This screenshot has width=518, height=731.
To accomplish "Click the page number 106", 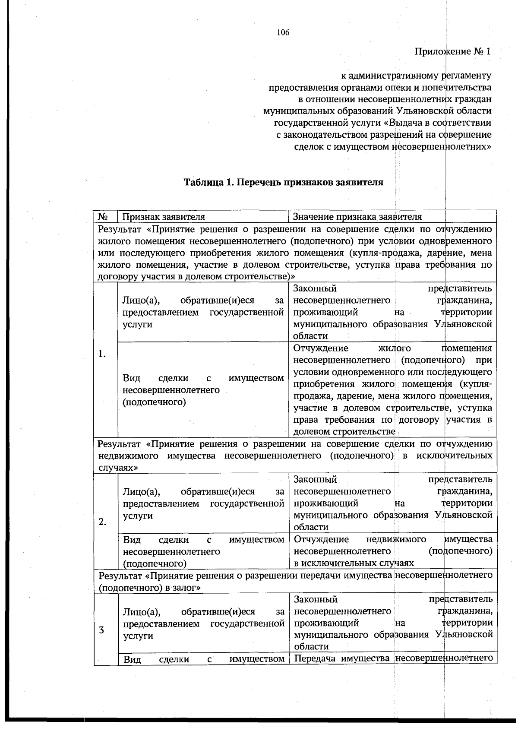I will [x=283, y=32].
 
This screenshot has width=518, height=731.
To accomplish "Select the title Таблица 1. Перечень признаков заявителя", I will [x=284, y=182].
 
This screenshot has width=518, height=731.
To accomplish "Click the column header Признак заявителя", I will [x=164, y=216].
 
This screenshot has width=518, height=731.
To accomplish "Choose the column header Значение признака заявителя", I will [x=357, y=216].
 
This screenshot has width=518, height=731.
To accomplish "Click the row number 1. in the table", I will [x=102, y=354].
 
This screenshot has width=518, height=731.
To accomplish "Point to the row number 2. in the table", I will [x=102, y=522].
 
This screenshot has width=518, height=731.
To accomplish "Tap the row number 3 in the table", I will [x=101, y=630].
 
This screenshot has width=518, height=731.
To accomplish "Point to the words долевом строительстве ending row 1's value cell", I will [x=344, y=431].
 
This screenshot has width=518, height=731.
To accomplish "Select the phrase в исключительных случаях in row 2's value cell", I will [x=354, y=563].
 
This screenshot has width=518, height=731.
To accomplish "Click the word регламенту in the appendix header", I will [x=466, y=76].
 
